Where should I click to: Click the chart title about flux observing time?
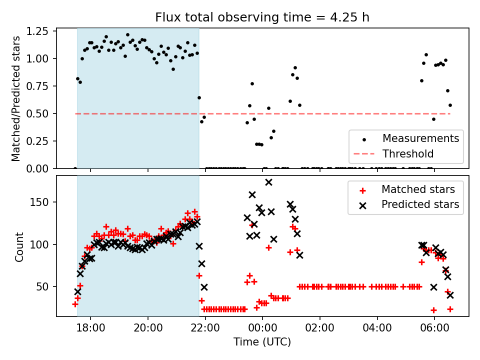pos(262,17)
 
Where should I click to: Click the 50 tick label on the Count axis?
pos(46,287)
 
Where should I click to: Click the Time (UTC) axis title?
pos(262,342)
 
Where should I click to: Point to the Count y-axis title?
pos(19,246)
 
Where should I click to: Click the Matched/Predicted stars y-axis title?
pos(16,98)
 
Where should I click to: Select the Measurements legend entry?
pos(420,138)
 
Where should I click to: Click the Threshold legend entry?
pos(408,153)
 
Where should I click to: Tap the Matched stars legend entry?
pos(418,189)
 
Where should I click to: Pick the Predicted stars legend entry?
pos(420,204)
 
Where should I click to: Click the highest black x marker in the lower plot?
pos(268,182)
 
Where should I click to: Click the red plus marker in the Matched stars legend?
pos(362,190)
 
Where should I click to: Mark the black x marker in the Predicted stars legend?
pos(362,205)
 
